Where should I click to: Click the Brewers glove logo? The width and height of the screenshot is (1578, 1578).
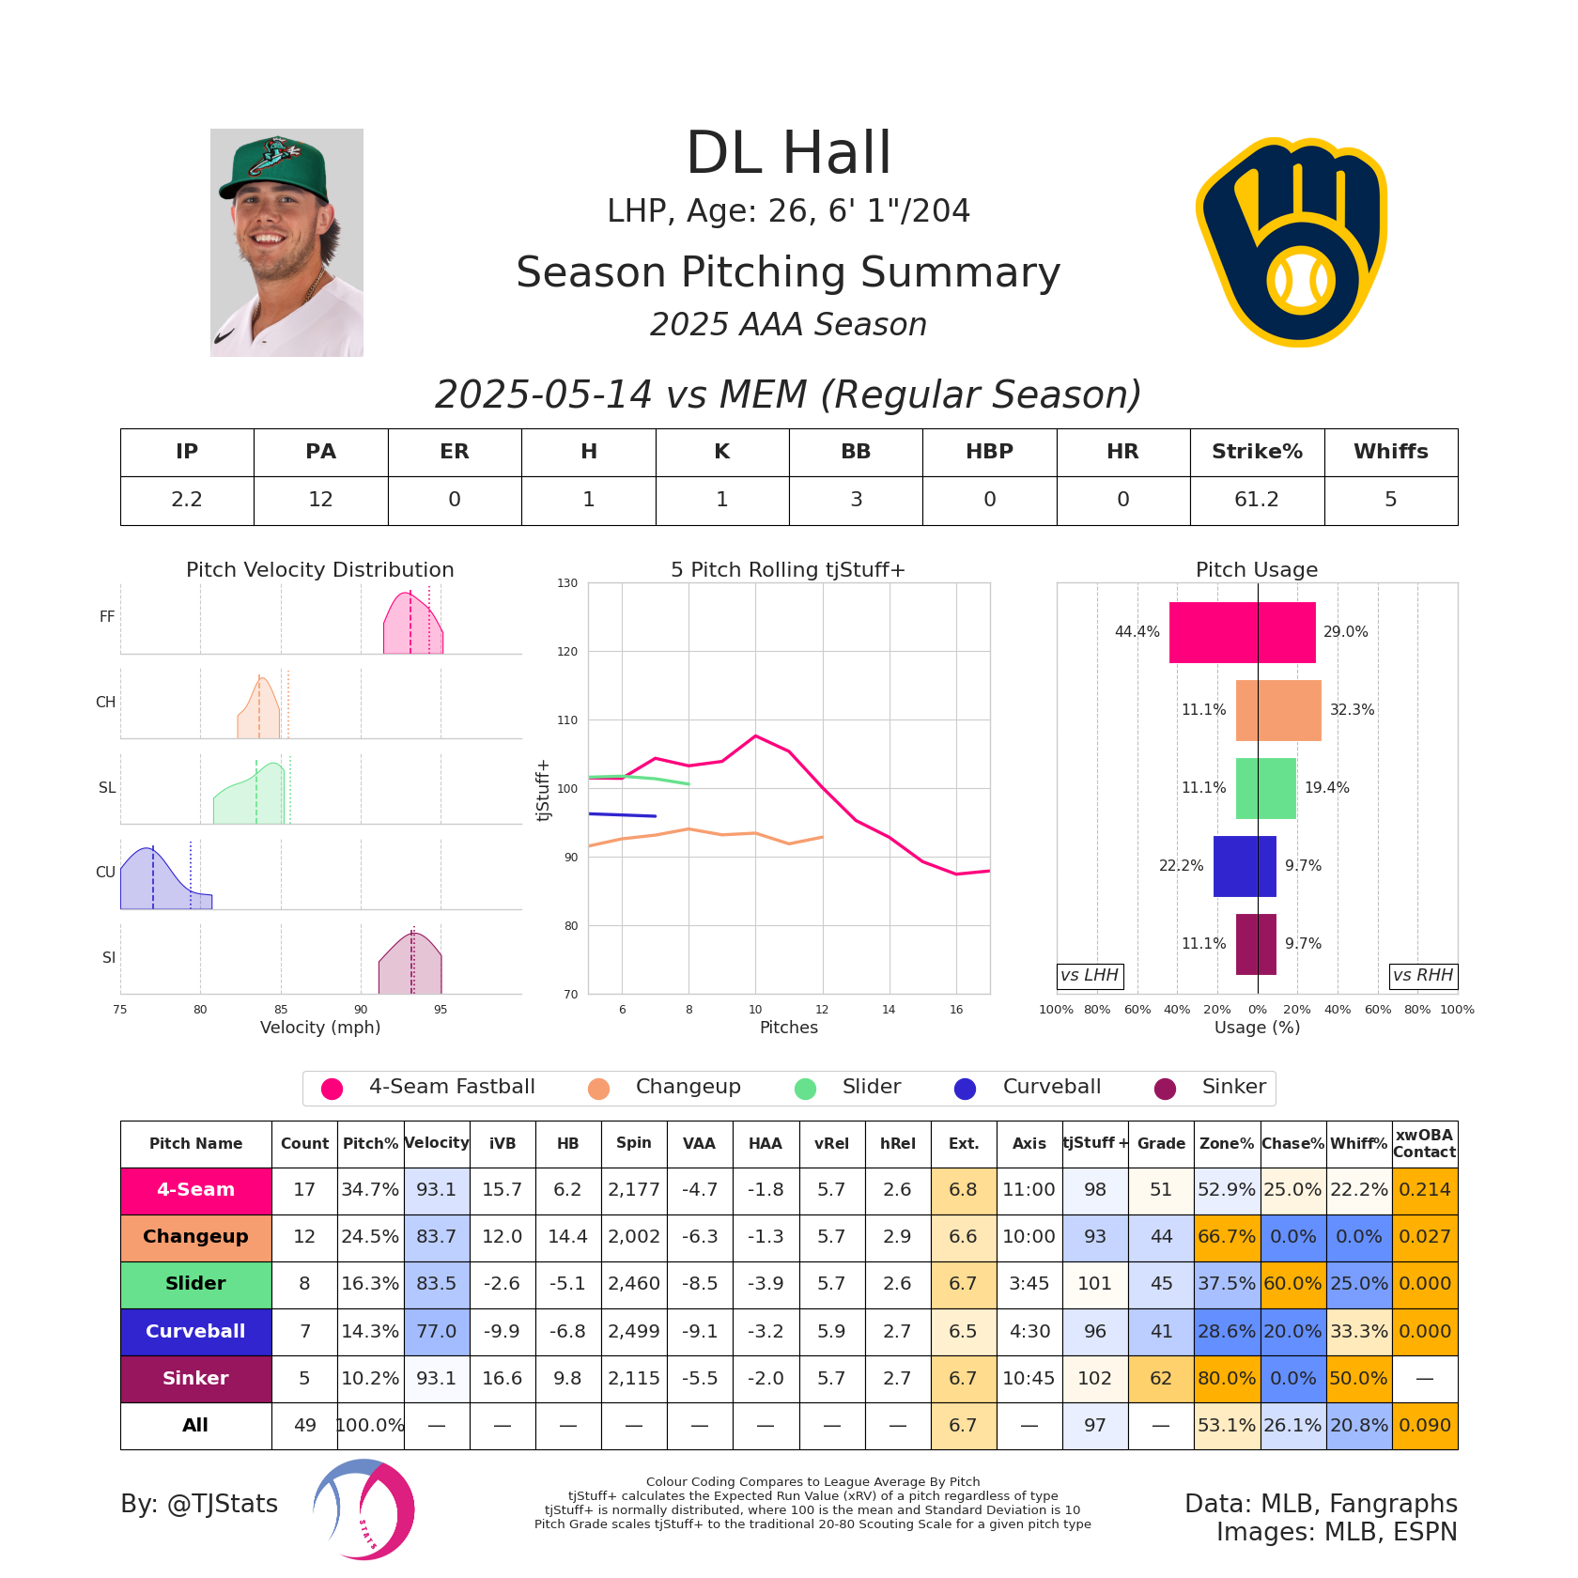coord(1292,242)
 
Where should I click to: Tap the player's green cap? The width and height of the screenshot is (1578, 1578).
coord(274,166)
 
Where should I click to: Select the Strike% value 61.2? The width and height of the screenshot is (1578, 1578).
coord(1257,500)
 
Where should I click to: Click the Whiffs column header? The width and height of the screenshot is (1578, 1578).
coord(1390,452)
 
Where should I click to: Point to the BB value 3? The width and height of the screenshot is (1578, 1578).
coord(856,500)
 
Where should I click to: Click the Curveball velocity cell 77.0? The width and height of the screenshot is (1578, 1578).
coord(437,1331)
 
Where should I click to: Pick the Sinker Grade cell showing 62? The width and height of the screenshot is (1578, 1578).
coord(1161,1378)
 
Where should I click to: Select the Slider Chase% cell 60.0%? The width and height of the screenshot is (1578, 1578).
coord(1293,1284)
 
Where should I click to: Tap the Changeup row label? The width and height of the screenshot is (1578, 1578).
coord(195,1237)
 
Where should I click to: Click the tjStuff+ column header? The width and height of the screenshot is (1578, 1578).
coord(1095,1143)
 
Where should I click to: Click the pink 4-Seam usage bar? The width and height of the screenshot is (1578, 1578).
coord(1242,632)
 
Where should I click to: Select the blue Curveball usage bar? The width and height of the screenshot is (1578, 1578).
coord(1245,866)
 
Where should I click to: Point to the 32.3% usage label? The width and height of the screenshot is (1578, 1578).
coord(1352,710)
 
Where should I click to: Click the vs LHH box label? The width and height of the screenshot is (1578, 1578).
coord(1090,976)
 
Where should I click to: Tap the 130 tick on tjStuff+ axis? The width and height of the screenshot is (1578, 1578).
coord(567,583)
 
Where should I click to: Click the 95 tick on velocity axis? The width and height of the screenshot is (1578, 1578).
coord(441,1010)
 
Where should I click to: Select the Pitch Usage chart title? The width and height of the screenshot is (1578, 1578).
coord(1256,570)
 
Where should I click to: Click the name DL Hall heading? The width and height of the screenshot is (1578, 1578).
coord(788,153)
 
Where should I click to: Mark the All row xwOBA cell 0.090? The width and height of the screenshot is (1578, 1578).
coord(1424,1425)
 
